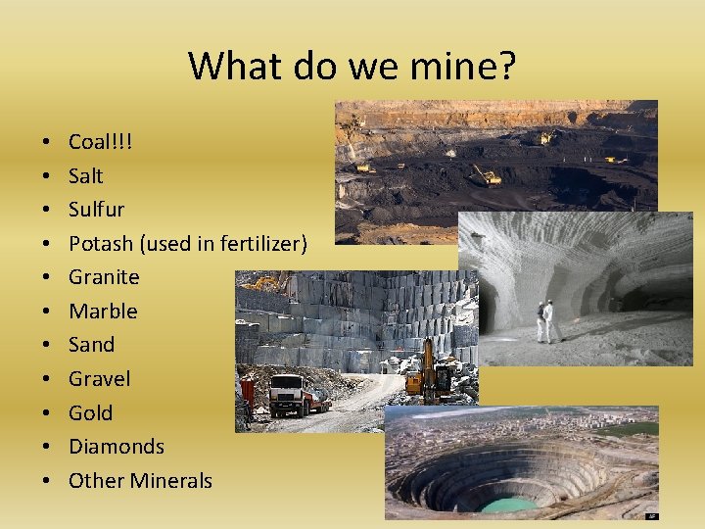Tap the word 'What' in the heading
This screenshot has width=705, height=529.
click(226, 66)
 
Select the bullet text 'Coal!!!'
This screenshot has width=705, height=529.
click(100, 142)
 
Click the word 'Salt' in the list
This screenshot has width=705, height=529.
click(85, 176)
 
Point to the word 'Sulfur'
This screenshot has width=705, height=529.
click(96, 210)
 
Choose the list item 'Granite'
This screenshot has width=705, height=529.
click(104, 277)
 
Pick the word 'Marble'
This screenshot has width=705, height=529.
click(103, 312)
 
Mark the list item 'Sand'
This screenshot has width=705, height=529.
click(91, 345)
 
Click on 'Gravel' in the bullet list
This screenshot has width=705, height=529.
click(99, 379)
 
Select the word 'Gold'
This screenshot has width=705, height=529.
click(90, 412)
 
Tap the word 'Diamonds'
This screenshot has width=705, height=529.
click(116, 447)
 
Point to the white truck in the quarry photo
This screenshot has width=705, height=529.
click(288, 394)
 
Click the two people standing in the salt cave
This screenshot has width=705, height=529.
click(543, 321)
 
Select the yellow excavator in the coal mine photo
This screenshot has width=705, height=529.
click(486, 176)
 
